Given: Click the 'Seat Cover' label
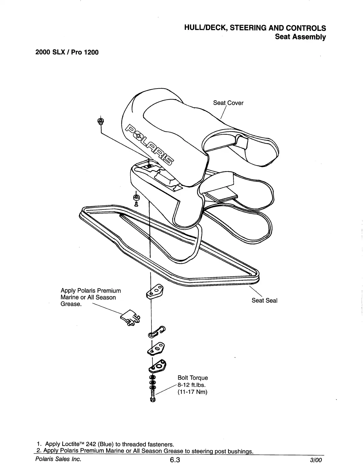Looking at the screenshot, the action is (x=228, y=103).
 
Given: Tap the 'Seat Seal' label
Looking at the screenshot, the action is (x=264, y=300).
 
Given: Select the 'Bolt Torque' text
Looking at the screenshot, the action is (x=193, y=378).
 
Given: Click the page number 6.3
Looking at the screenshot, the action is (x=175, y=460).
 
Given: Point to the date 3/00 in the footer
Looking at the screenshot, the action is (x=316, y=460).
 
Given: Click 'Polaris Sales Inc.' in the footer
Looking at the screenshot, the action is (x=58, y=459).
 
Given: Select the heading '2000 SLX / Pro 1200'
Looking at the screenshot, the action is (x=67, y=52).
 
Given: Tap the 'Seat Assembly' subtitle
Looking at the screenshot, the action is (x=300, y=37).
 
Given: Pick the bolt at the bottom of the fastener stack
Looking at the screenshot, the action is (x=153, y=397).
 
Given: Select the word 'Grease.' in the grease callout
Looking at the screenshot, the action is (x=71, y=304).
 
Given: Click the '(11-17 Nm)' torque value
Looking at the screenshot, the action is (x=192, y=392).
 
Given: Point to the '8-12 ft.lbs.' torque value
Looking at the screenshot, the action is (x=191, y=385).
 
